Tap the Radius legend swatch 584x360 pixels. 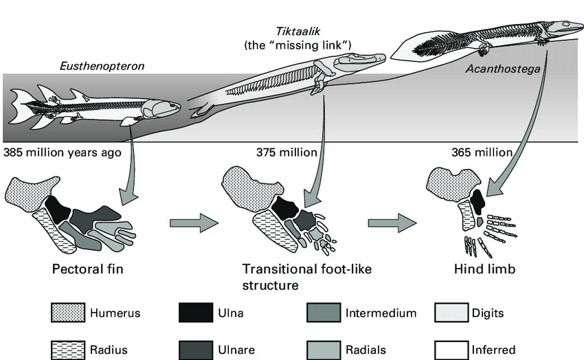coord(68,350)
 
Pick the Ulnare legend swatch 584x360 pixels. coord(196,350)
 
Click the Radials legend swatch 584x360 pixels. coord(324,350)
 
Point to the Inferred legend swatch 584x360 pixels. coord(451,350)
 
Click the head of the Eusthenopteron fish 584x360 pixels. coord(165,109)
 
